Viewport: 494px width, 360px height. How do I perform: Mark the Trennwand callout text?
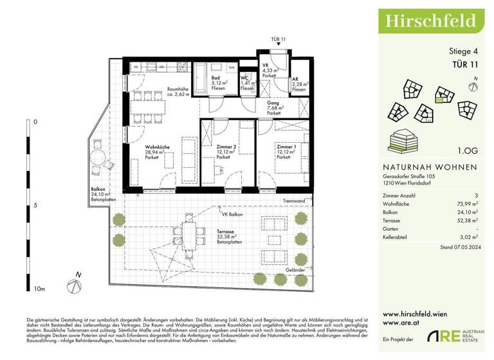pos(293,202)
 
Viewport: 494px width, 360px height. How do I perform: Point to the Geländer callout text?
pos(296,270)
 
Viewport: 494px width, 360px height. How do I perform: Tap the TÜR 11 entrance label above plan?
pos(278,40)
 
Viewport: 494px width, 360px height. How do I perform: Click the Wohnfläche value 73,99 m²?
pos(471,202)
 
